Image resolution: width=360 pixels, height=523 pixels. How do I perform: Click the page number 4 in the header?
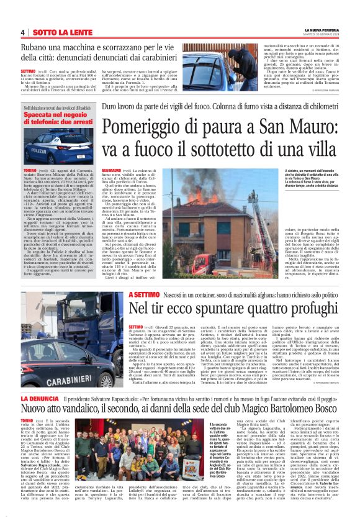pos(22,32)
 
